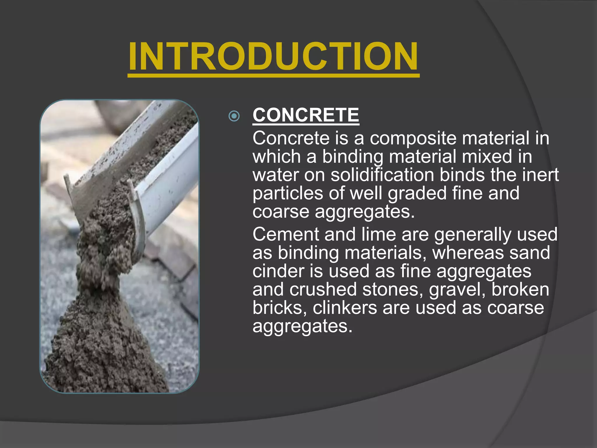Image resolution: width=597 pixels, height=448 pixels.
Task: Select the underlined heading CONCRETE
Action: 306,115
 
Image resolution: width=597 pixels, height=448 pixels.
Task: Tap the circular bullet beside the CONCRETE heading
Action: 234,116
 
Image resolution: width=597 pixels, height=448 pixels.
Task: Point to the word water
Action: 275,175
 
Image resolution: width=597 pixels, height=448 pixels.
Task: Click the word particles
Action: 288,193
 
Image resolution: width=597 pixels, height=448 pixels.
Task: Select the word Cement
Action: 286,234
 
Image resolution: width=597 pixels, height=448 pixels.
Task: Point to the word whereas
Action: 468,253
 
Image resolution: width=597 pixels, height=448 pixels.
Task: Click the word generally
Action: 473,235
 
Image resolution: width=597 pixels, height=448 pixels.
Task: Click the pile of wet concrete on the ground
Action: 99,350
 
